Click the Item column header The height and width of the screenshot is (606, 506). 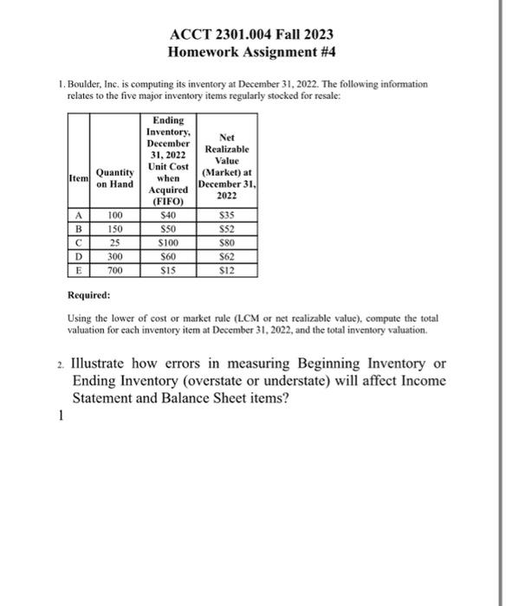tap(77, 177)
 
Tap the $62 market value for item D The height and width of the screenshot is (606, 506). tap(225, 256)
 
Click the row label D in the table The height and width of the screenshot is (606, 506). tap(77, 256)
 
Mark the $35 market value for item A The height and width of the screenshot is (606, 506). tap(225, 215)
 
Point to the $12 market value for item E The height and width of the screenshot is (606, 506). tap(225, 270)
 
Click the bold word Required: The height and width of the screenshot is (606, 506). tap(91, 294)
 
